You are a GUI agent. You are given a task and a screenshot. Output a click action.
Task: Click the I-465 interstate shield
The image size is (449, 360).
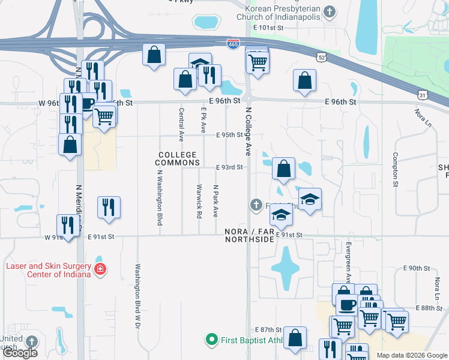pyautogui.click(x=234, y=44)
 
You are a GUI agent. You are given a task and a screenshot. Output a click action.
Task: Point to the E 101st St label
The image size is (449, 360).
pyautogui.click(x=268, y=28)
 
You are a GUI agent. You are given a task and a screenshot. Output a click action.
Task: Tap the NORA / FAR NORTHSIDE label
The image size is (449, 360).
pyautogui.click(x=250, y=235)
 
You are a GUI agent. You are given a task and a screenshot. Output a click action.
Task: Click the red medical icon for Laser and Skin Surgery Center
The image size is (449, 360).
pyautogui.click(x=100, y=269)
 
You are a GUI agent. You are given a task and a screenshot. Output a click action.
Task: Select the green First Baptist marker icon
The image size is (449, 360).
pyautogui.click(x=211, y=340)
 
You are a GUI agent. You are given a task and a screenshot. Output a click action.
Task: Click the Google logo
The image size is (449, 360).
pyautogui.click(x=20, y=353)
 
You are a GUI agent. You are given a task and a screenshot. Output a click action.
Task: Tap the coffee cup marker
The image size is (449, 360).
pyautogui.click(x=346, y=304)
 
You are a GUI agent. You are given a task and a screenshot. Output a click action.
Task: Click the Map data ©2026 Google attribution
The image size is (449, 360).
pyautogui.click(x=412, y=355)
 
